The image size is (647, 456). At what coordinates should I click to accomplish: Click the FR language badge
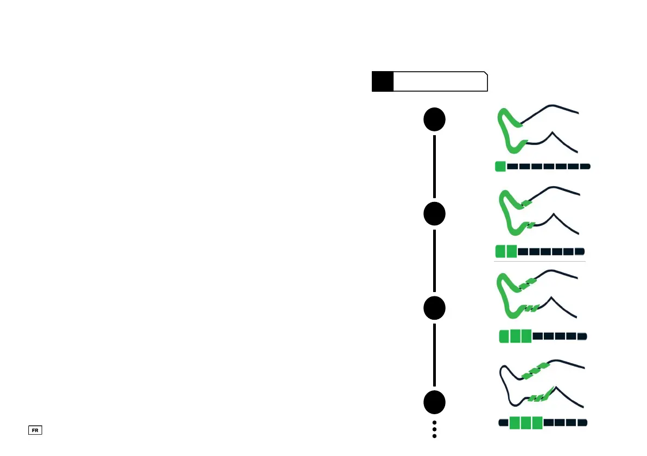(x=36, y=430)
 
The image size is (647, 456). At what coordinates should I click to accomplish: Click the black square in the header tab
(x=382, y=81)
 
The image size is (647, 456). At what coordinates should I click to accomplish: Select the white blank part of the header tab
(x=440, y=81)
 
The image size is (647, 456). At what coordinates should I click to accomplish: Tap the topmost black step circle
(x=435, y=120)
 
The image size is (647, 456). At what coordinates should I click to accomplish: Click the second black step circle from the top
(x=435, y=214)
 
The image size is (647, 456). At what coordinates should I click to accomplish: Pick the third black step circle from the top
(x=435, y=308)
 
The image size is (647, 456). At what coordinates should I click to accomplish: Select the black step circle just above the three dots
(x=435, y=402)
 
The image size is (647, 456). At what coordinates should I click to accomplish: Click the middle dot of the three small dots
(x=435, y=429)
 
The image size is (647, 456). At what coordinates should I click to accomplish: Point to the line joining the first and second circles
(x=435, y=167)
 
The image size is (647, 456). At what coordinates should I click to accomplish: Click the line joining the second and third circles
(x=435, y=261)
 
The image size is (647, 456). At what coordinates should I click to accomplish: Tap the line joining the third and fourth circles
(x=435, y=354)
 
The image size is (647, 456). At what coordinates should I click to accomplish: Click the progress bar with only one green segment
(x=542, y=166)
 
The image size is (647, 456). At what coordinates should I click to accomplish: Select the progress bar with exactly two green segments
(x=540, y=251)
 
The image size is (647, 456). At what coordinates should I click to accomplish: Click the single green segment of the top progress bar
(x=500, y=166)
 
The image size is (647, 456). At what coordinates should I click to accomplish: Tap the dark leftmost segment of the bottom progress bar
(x=503, y=422)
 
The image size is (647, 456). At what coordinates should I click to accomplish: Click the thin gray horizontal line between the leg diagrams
(x=540, y=262)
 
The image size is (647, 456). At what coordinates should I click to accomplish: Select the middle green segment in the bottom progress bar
(x=525, y=422)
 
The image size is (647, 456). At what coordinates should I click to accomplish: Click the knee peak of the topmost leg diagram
(x=552, y=132)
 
